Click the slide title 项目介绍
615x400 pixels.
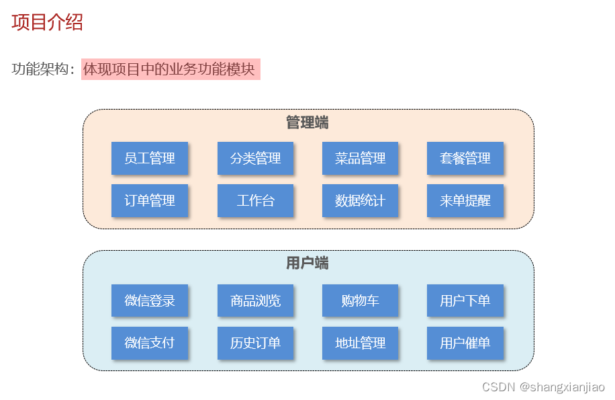click(x=47, y=22)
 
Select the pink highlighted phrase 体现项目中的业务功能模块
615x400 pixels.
click(x=170, y=69)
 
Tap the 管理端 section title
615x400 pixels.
click(x=307, y=122)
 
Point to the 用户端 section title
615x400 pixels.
click(x=307, y=263)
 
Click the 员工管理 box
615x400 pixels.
click(x=150, y=158)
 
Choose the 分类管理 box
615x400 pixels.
click(x=255, y=158)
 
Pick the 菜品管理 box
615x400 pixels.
click(x=360, y=158)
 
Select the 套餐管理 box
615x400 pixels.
click(x=465, y=158)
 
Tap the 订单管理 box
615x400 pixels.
click(x=150, y=200)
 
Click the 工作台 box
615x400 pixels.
click(x=255, y=200)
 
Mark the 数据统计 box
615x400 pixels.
click(x=360, y=200)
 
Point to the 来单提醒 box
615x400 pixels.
click(x=465, y=200)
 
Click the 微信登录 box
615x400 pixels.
click(x=150, y=301)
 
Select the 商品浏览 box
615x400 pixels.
click(x=255, y=301)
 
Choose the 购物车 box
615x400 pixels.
click(x=360, y=301)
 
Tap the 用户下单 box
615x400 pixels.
click(x=465, y=301)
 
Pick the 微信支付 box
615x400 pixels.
click(x=150, y=343)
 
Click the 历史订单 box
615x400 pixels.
click(x=255, y=343)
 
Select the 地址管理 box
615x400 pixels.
click(x=360, y=343)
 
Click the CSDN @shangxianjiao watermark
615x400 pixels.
click(x=543, y=387)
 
